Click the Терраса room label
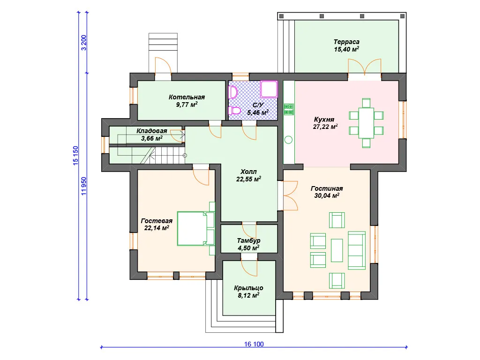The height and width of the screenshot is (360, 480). click(x=346, y=45)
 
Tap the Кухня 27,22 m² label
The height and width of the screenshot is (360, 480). click(x=325, y=123)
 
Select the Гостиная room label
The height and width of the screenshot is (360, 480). click(x=327, y=192)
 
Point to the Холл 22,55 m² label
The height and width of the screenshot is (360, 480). click(x=248, y=175)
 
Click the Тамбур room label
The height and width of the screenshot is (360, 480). click(x=248, y=244)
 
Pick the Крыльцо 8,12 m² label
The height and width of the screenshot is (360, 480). click(x=248, y=292)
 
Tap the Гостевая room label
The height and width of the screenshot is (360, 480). click(x=157, y=225)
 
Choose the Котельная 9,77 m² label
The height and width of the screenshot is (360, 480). click(x=187, y=101)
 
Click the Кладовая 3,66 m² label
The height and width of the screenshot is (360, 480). click(x=151, y=135)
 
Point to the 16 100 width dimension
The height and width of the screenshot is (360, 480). click(x=254, y=344)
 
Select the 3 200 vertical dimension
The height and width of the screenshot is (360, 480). click(x=83, y=43)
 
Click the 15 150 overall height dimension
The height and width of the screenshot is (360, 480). click(x=75, y=156)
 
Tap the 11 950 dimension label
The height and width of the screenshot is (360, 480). click(x=83, y=186)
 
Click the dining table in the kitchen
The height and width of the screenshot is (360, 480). click(x=366, y=123)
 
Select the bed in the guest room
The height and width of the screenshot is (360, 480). click(x=196, y=228)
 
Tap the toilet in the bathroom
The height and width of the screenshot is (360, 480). click(x=234, y=110)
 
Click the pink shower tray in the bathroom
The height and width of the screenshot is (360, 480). click(x=269, y=89)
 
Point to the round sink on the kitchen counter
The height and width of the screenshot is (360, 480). click(x=288, y=140)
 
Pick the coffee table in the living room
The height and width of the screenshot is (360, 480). click(x=337, y=250)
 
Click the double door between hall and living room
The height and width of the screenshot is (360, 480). click(x=290, y=195)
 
